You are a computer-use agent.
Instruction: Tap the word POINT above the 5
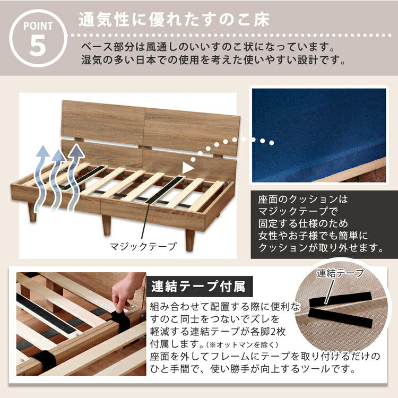(x=38, y=25)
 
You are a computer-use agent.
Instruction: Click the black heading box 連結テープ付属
(x=198, y=287)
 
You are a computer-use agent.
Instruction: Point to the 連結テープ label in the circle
(x=340, y=274)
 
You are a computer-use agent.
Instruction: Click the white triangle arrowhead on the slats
(x=187, y=168)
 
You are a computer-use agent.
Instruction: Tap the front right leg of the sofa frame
(x=191, y=240)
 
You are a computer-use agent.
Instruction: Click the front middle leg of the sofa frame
(x=107, y=224)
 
